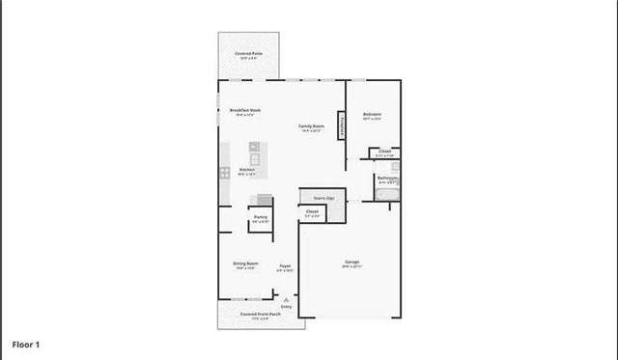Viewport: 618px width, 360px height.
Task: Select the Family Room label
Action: pos(310,126)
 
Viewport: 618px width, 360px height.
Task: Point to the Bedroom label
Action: pos(373,115)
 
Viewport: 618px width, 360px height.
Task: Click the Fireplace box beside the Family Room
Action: pos(342,125)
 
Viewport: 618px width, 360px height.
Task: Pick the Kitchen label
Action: pos(247,170)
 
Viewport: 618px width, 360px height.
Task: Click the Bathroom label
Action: pos(387,178)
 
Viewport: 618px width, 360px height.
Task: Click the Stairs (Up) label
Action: pos(323,198)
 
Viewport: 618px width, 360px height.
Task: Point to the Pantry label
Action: pos(261,217)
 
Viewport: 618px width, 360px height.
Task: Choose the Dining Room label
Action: pos(245,263)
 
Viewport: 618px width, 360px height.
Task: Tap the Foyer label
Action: pos(286,265)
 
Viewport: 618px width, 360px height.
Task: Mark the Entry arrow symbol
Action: pos(286,300)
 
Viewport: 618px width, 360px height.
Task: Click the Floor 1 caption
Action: pos(25,344)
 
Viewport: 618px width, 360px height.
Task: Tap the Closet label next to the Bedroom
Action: pos(384,152)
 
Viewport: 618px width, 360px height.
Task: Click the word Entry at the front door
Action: pos(286,307)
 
